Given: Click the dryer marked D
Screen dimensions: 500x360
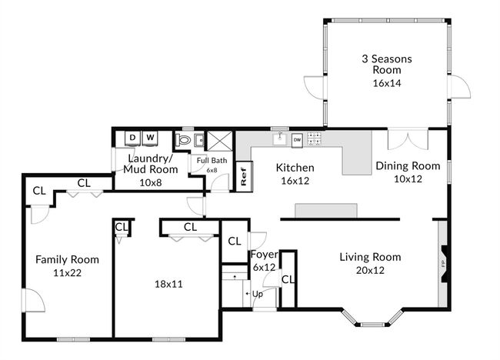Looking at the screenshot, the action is click(132, 138).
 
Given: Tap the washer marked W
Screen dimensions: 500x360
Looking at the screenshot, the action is click(150, 138).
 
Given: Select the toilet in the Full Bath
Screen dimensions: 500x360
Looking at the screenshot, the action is click(183, 140).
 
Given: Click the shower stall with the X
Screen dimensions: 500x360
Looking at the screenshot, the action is click(220, 140).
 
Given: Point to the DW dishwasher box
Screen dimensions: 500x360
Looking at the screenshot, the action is click(297, 140).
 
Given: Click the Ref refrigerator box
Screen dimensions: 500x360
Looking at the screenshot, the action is click(244, 176).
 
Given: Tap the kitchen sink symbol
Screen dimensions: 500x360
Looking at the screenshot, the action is click(280, 138).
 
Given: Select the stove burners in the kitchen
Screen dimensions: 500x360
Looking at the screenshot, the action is click(315, 138).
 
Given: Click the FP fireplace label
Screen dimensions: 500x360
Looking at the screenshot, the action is click(443, 263).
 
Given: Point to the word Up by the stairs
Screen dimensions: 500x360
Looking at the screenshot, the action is click(258, 294).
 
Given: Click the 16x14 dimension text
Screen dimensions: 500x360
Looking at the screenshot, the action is click(387, 83).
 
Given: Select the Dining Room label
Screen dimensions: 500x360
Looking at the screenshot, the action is click(408, 166).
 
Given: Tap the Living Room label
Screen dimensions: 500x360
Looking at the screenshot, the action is click(370, 257).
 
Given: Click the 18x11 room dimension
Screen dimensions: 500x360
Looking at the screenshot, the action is click(168, 284).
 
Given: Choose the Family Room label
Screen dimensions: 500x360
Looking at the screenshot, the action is click(67, 259).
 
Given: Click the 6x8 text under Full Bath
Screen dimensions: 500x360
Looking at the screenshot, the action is click(212, 170).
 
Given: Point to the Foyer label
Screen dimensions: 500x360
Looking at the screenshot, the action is click(265, 255).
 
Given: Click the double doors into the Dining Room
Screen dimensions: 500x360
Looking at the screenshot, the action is click(408, 139).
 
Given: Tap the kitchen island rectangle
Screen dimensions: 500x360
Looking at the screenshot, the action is click(326, 211).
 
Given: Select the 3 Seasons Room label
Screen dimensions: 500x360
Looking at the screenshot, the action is click(387, 64).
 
